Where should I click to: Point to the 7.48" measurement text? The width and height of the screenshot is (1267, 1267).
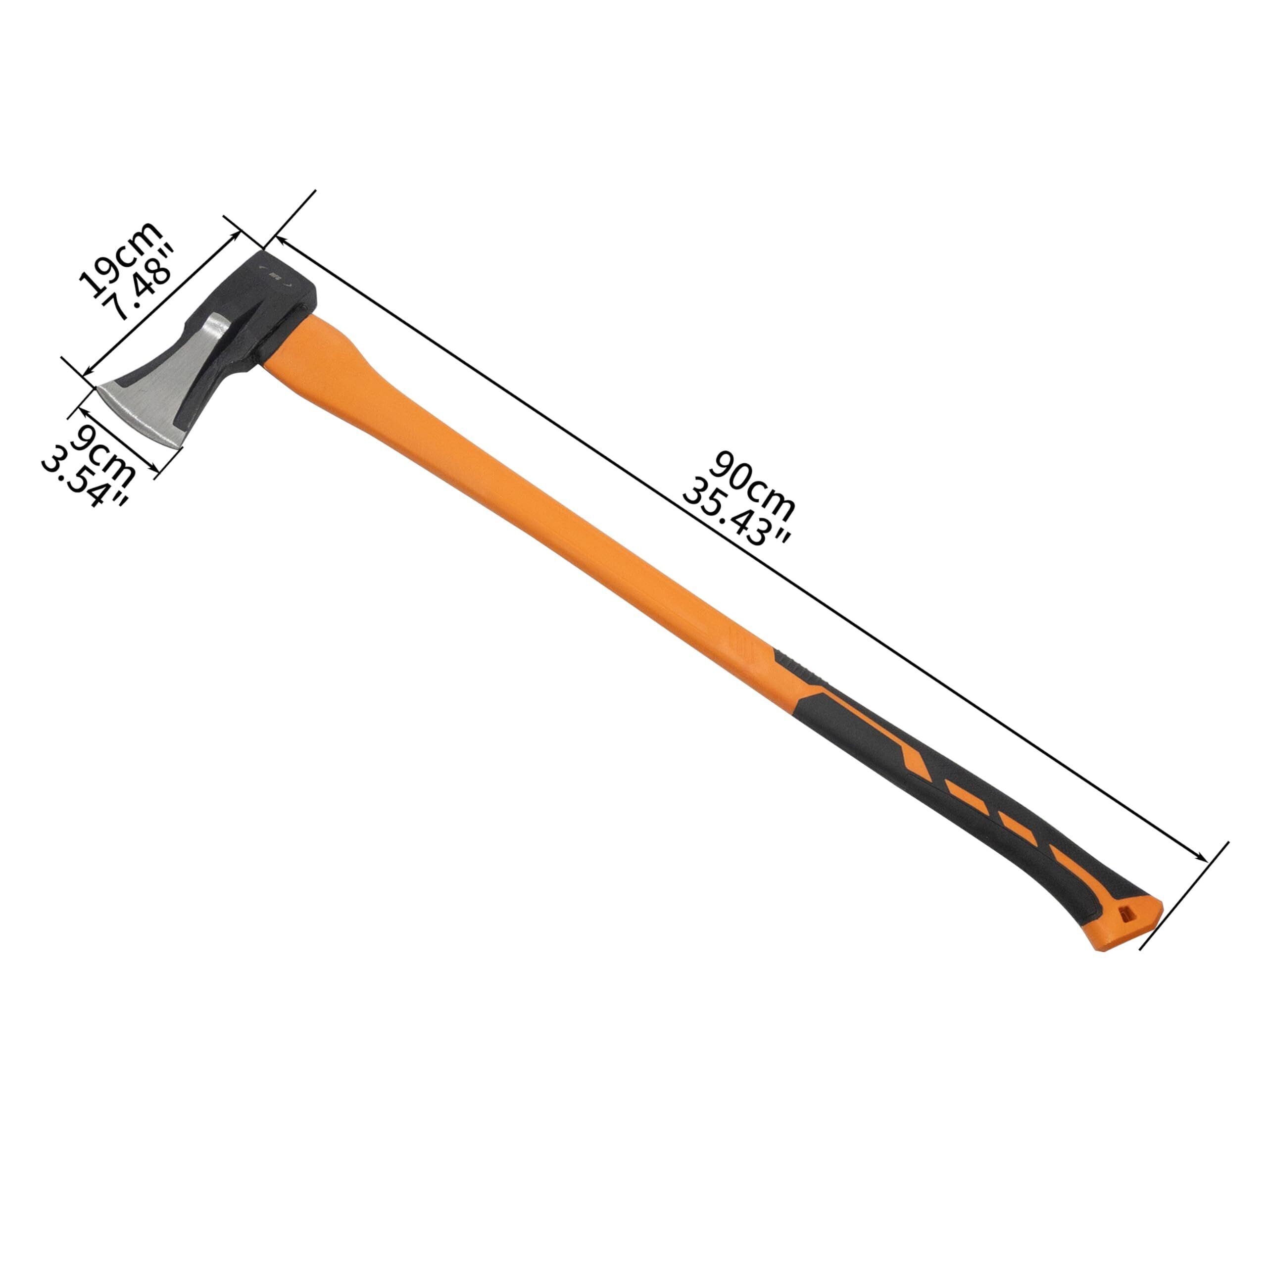tap(143, 281)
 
